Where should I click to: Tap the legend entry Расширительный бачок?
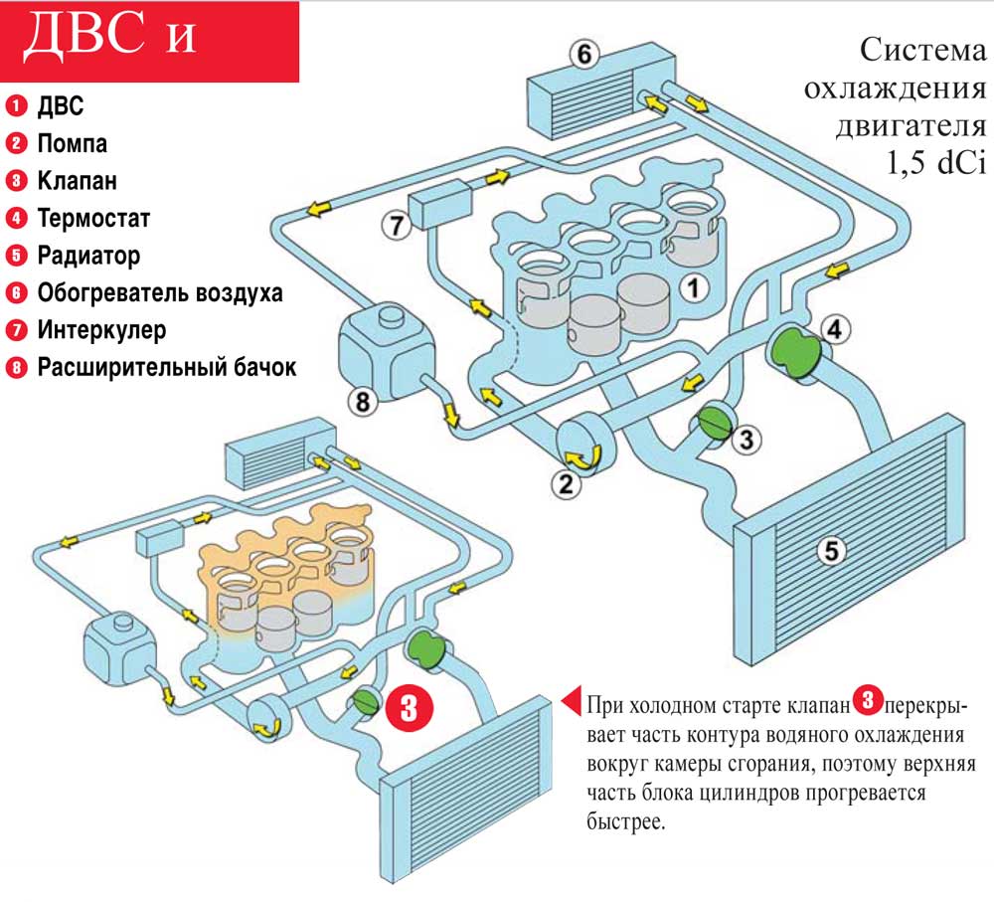[x=167, y=367]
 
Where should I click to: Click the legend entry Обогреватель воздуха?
[x=160, y=292]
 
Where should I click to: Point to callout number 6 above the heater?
[x=583, y=55]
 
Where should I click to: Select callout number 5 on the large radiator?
[x=832, y=548]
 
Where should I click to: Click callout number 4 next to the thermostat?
[x=835, y=327]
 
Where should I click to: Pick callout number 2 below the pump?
[x=564, y=484]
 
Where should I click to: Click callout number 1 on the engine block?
[x=694, y=287]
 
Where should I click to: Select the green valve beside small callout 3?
[x=713, y=422]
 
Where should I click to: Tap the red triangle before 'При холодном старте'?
[x=571, y=702]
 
